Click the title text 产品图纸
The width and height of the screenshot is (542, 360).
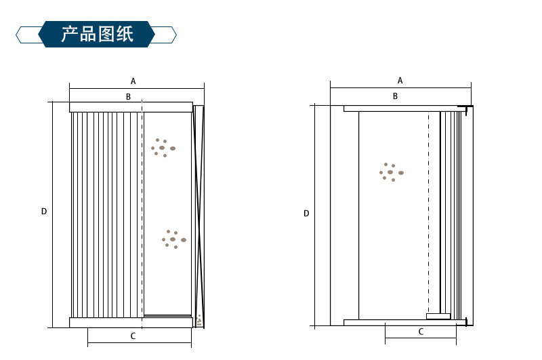[x=97, y=34]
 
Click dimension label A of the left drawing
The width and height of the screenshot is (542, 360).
[x=133, y=81]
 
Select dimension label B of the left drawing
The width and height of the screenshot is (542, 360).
[x=128, y=97]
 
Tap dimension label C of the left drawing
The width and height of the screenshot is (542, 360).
[x=133, y=336]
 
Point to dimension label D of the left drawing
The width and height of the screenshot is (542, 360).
[x=44, y=212]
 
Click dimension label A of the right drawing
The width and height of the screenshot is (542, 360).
[x=400, y=80]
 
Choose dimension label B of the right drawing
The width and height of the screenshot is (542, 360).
[x=396, y=96]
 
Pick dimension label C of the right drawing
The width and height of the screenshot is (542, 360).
[x=421, y=332]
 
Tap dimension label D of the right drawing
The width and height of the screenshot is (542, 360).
[x=306, y=214]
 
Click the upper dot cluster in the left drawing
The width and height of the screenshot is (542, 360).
[x=163, y=147]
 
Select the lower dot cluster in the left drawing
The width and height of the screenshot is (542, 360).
[x=173, y=239]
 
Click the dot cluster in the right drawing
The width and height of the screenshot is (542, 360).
[x=391, y=172]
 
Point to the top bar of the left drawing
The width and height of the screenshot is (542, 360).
[x=131, y=106]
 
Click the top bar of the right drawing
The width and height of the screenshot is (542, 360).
[x=400, y=108]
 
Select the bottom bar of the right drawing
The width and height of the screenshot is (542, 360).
[x=400, y=322]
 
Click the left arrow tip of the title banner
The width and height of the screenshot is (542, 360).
[x=18, y=34]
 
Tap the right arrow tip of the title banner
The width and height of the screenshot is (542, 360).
[x=175, y=34]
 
